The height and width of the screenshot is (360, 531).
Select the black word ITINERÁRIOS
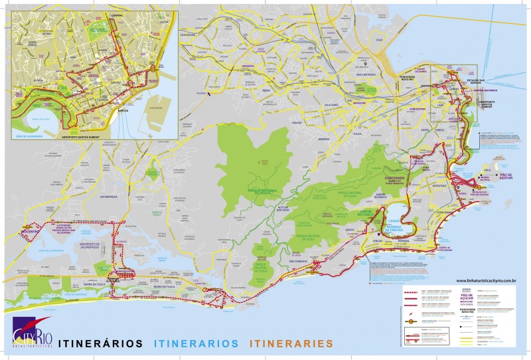(101, 343)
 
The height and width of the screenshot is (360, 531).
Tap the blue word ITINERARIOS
(196, 343)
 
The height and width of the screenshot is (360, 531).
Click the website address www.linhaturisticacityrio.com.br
(487, 281)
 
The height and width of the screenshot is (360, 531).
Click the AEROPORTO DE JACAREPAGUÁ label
(89, 246)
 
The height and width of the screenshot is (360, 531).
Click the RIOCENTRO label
(31, 230)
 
